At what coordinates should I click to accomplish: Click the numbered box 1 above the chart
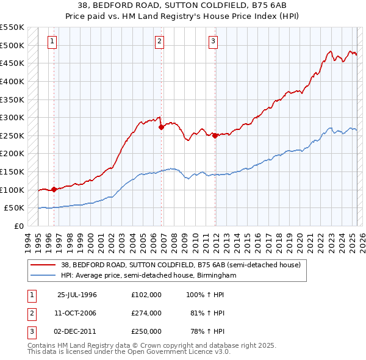(x=52, y=41)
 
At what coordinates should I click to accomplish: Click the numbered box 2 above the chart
(x=159, y=41)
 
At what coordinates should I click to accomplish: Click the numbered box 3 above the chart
(x=213, y=41)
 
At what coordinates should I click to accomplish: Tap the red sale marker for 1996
(x=54, y=189)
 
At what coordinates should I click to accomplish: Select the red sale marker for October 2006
(x=161, y=128)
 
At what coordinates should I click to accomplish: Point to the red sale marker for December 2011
(x=215, y=136)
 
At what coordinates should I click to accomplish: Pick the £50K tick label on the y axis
(x=15, y=208)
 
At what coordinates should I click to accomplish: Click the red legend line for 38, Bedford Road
(x=43, y=265)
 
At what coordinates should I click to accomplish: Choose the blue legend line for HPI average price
(x=43, y=276)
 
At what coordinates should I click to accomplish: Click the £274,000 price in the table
(x=146, y=313)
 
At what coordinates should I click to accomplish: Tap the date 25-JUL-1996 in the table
(x=77, y=295)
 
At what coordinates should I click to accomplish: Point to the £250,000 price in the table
(x=146, y=331)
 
